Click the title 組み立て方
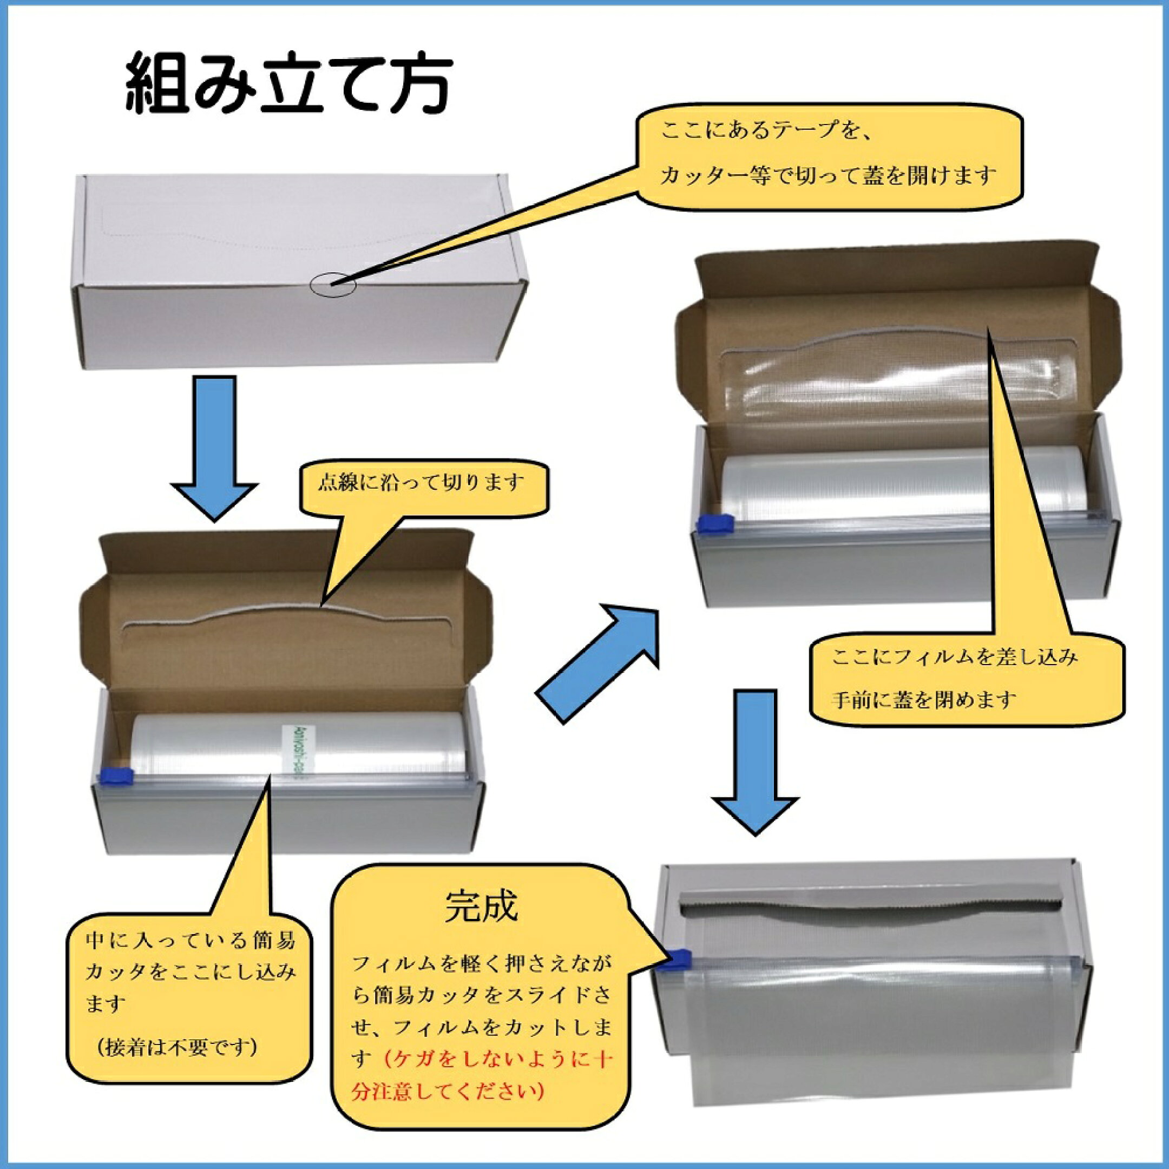click(x=288, y=85)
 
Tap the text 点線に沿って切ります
click(x=421, y=483)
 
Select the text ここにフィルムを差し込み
click(x=955, y=657)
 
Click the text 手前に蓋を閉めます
click(x=923, y=701)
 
